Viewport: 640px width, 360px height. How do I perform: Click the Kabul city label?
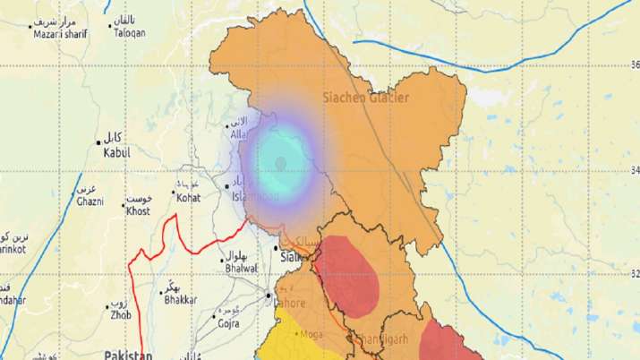(x=116, y=154)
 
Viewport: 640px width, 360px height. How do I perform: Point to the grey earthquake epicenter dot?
(x=281, y=162)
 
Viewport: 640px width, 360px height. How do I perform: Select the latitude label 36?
(x=634, y=64)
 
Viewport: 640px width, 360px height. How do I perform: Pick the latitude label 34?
(x=634, y=171)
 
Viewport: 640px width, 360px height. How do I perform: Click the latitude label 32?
(x=634, y=274)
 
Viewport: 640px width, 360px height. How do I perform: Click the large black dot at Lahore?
(x=268, y=294)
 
